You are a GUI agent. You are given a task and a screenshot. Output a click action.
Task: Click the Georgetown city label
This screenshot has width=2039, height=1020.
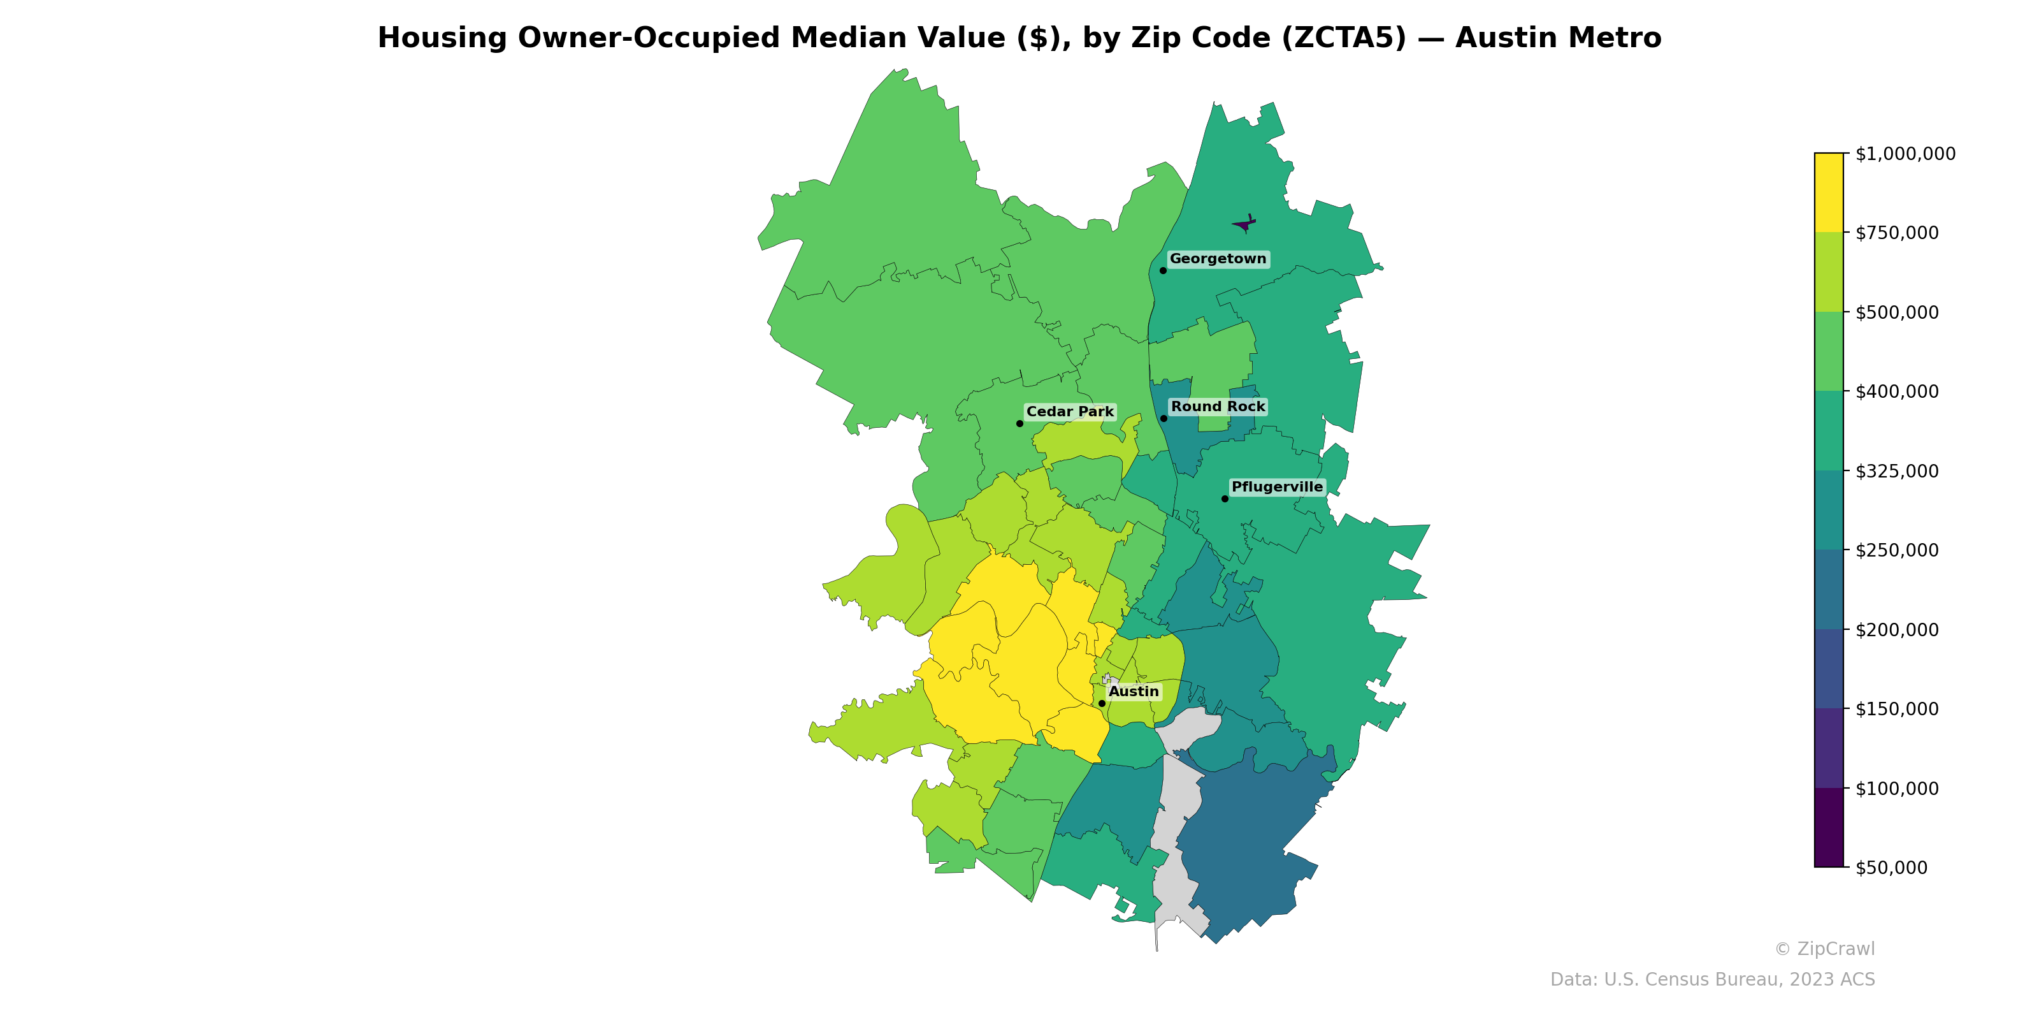1218,259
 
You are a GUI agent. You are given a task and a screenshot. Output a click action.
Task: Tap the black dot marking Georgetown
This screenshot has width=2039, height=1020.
1163,271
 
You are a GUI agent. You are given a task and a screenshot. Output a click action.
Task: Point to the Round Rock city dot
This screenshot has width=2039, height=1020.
1164,418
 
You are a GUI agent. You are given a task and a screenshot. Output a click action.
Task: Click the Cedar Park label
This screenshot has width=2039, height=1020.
1069,412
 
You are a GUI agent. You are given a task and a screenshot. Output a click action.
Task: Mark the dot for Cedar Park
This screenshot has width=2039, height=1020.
1019,424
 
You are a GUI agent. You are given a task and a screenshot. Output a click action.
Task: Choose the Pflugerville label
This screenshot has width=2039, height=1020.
1277,487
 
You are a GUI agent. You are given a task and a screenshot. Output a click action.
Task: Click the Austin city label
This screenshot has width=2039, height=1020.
1134,691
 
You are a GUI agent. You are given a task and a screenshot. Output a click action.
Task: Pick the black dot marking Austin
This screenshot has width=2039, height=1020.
1102,703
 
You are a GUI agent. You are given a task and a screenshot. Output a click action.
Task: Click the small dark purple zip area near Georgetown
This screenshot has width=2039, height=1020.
1244,226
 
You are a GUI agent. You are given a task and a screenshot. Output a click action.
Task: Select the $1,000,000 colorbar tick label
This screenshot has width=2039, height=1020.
1905,154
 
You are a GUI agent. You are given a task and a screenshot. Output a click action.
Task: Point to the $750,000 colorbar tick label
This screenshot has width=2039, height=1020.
1896,233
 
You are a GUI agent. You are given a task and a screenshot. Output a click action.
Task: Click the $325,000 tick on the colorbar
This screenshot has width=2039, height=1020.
1896,471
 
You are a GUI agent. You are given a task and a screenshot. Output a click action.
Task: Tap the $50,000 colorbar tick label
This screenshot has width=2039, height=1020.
1892,867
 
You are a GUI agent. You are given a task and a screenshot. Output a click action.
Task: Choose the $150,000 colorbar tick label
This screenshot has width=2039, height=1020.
1896,709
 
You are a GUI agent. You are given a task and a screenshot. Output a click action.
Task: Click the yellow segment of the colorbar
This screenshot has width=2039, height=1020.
1829,193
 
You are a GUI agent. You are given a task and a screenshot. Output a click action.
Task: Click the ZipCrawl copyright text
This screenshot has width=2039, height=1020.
1824,949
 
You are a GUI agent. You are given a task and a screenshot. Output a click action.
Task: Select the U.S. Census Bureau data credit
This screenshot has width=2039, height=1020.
1712,980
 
